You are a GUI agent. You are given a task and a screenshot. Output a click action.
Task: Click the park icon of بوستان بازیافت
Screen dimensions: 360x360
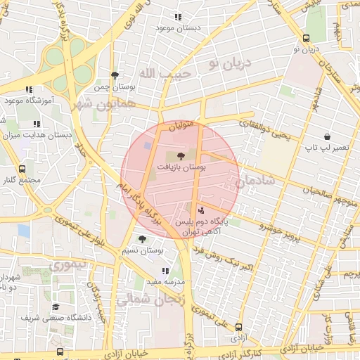pos(181,155)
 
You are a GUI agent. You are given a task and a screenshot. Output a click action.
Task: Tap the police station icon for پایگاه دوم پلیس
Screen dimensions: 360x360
pos(201,209)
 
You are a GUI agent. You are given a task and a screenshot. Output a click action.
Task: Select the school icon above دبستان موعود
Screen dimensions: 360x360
pos(178,17)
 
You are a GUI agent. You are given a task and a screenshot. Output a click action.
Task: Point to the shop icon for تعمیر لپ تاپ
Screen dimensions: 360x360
pos(327,136)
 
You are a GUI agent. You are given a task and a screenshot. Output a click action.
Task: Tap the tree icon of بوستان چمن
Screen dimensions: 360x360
pos(115,75)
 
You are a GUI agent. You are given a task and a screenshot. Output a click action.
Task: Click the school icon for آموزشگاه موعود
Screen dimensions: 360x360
pos(29,89)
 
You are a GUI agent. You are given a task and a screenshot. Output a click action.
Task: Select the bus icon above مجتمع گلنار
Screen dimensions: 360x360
pos(22,169)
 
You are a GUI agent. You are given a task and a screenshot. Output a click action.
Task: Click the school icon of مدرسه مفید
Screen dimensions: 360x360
pos(165,271)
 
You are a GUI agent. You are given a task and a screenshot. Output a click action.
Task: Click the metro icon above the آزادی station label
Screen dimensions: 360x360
pos(239,327)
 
